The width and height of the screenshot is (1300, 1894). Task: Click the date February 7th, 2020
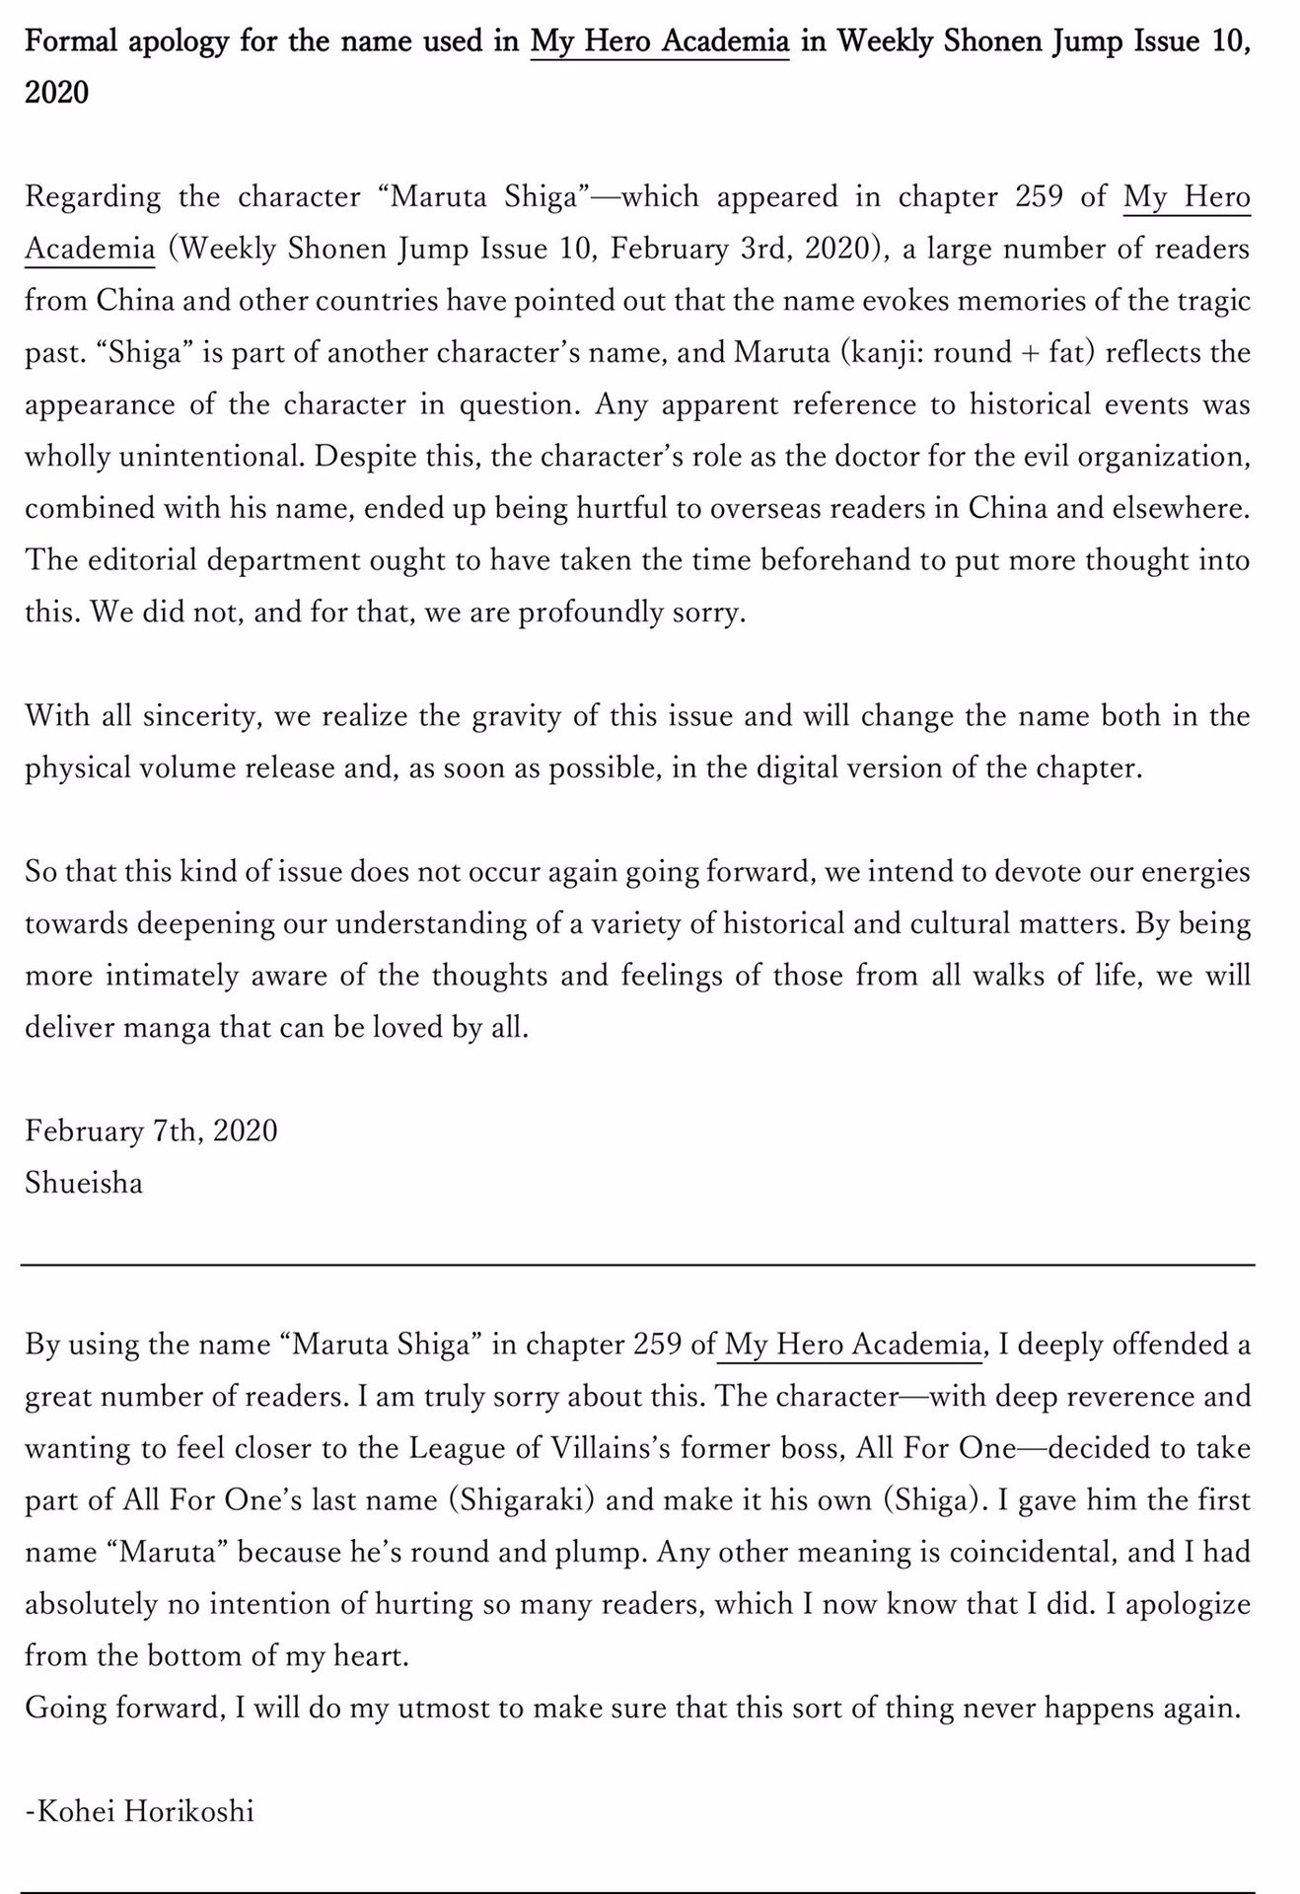[151, 1130]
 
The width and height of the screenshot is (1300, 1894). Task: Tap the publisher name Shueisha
[84, 1182]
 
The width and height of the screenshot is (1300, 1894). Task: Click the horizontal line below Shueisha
[637, 1264]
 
